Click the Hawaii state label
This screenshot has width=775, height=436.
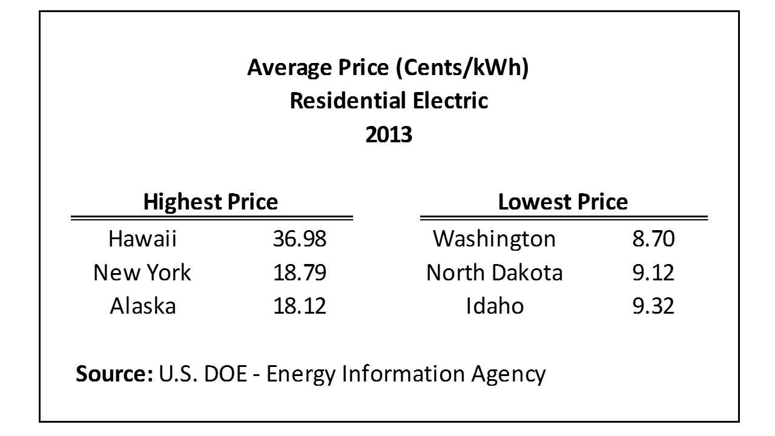tap(142, 239)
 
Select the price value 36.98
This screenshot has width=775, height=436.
tap(299, 239)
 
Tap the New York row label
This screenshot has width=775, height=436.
tap(142, 272)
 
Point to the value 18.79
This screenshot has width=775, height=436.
tap(299, 272)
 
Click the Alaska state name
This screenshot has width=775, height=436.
tap(143, 306)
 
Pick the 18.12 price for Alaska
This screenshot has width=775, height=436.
tap(299, 306)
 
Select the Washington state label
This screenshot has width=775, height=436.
tap(494, 239)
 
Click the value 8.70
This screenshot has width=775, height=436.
tap(653, 239)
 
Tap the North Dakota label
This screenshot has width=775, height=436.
tap(494, 272)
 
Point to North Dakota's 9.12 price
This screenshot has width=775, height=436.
tap(653, 272)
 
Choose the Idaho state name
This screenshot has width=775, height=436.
tap(495, 306)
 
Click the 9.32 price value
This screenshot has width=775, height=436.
tap(653, 306)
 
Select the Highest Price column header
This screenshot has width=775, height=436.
tap(211, 202)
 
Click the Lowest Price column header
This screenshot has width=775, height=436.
tap(563, 202)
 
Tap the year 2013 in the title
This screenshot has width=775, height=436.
tap(389, 134)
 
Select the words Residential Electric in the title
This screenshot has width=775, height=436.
tap(389, 101)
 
